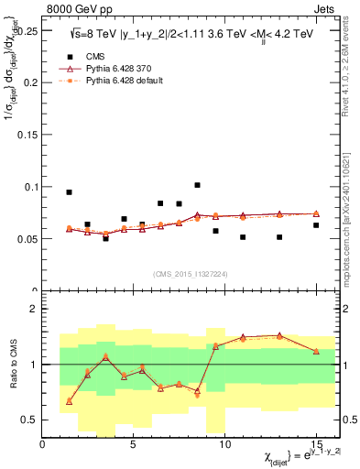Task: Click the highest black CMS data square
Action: (197, 185)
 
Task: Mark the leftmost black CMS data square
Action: (70, 192)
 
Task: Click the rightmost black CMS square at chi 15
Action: (316, 224)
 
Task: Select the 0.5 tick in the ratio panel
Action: (30, 420)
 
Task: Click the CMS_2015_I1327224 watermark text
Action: (191, 275)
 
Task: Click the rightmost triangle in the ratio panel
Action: (316, 351)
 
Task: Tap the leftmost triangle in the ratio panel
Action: (70, 401)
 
